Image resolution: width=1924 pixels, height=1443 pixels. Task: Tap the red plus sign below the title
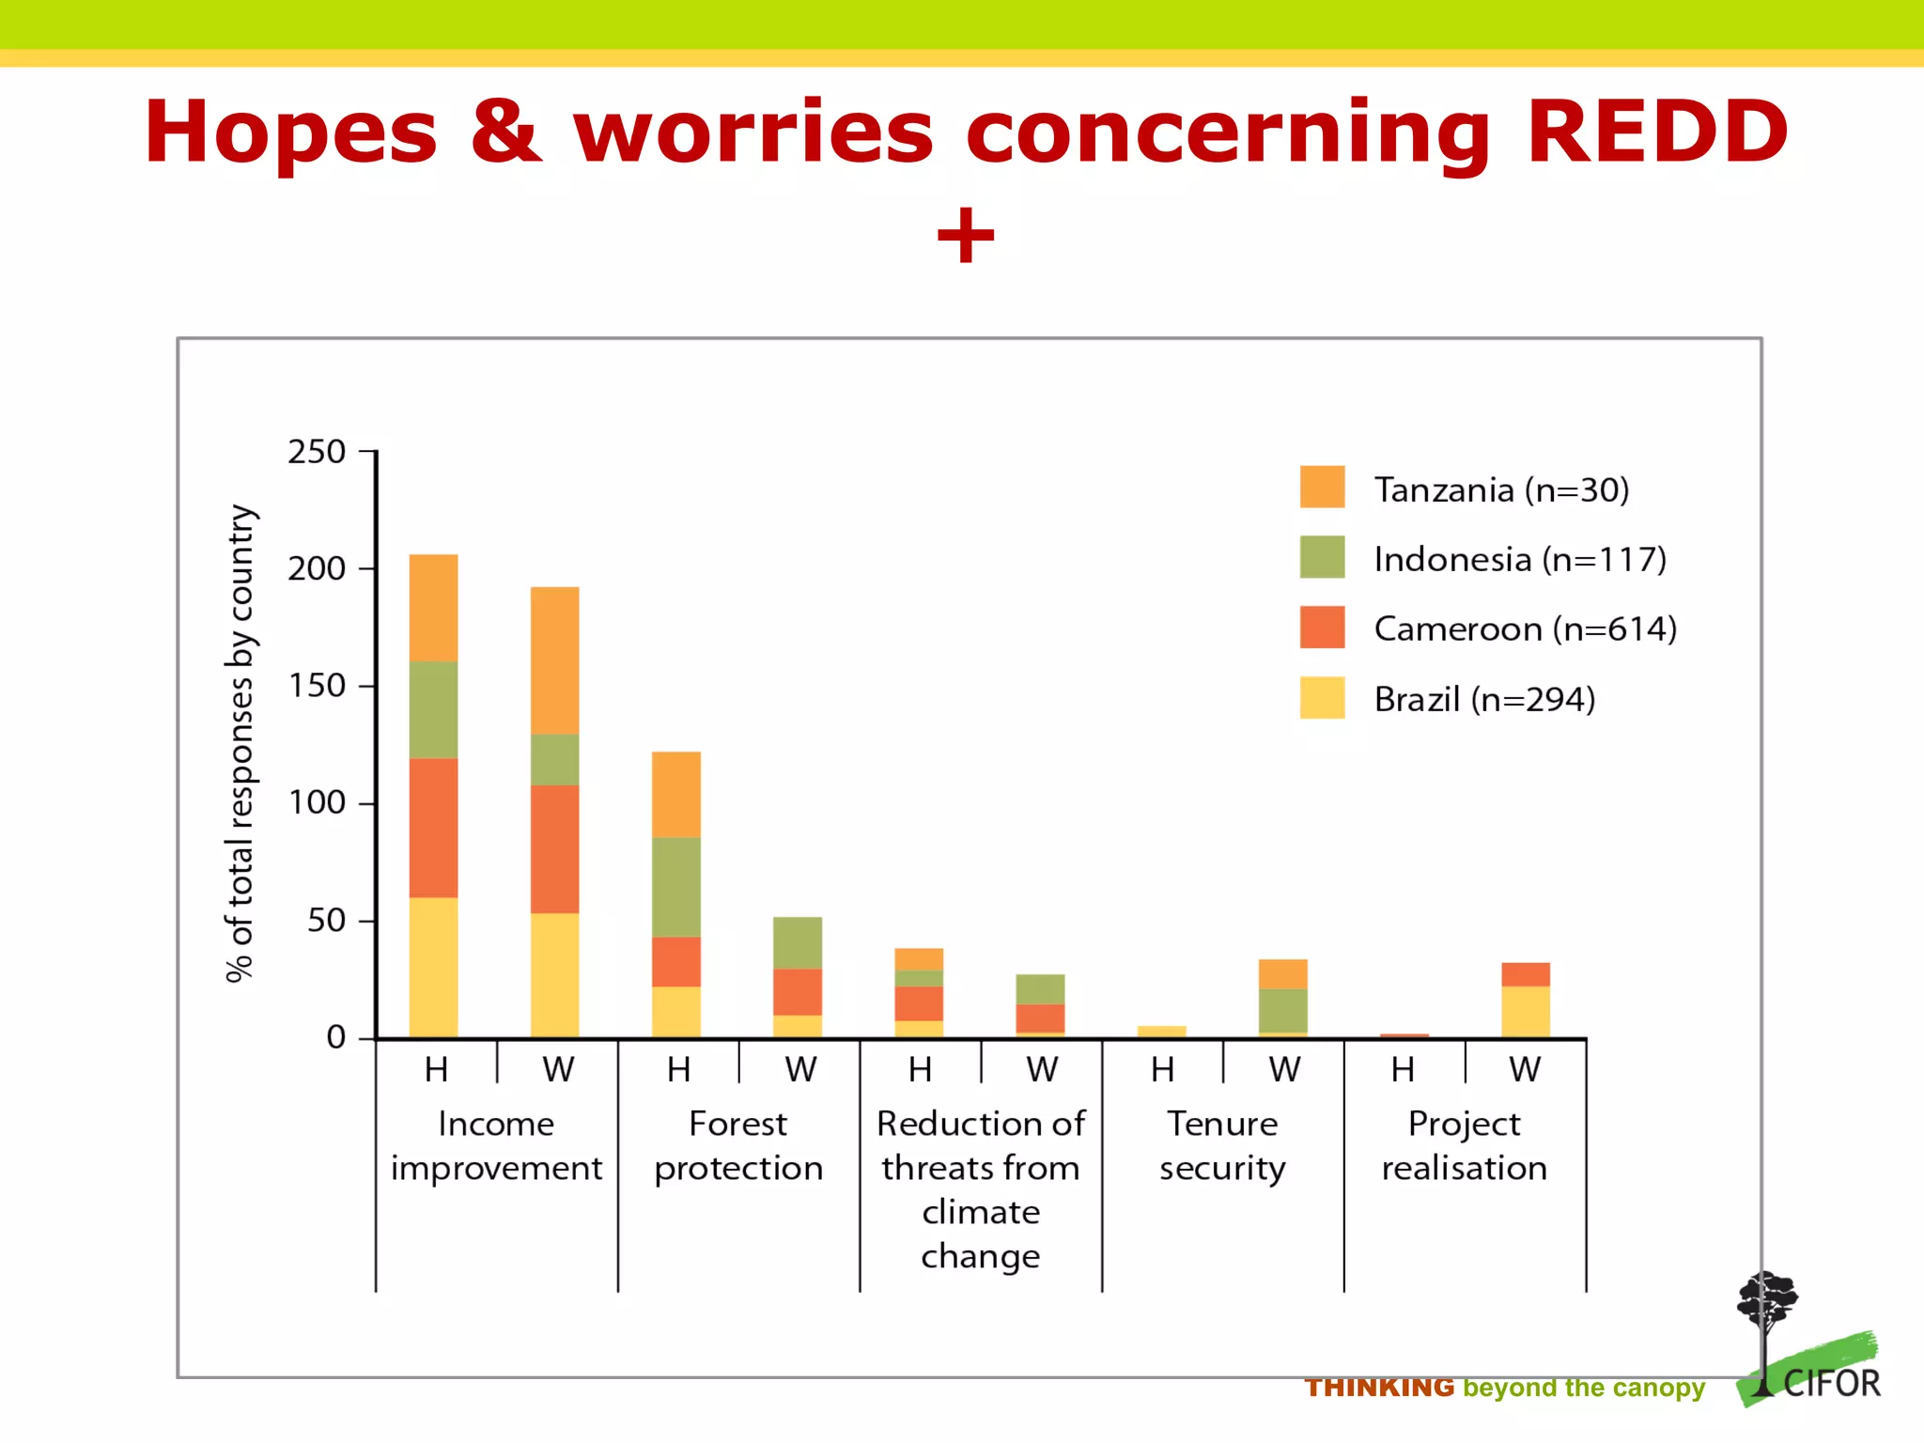point(965,235)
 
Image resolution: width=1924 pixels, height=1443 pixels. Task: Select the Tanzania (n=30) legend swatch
point(1322,487)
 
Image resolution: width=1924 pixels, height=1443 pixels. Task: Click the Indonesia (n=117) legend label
point(1519,560)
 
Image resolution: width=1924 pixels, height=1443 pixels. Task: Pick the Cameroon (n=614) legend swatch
point(1322,628)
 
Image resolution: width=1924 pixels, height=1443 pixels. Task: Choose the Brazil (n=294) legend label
point(1484,700)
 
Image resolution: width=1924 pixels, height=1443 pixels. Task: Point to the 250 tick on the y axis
point(318,452)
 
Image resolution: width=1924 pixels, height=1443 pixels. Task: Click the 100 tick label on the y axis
point(318,803)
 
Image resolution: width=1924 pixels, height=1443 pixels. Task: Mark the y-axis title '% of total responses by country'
point(240,742)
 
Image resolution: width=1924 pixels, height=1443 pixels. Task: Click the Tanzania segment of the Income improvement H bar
point(433,607)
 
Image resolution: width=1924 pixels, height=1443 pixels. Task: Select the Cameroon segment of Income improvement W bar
point(554,848)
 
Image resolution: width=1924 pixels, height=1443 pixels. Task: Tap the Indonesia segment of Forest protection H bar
point(675,886)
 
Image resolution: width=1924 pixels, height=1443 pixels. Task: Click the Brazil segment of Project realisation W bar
point(1525,1011)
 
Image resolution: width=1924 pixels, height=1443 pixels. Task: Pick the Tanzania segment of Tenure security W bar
point(1282,973)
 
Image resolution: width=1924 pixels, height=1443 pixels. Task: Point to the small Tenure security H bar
point(1161,1032)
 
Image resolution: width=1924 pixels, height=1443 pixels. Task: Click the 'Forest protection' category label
point(738,1145)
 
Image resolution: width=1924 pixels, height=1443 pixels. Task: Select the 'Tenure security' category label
point(1222,1145)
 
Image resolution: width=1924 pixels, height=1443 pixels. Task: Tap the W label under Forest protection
point(800,1070)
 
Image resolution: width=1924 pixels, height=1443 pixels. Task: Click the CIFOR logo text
point(1831,1384)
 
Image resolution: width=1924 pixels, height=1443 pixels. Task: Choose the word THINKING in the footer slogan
point(1379,1388)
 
